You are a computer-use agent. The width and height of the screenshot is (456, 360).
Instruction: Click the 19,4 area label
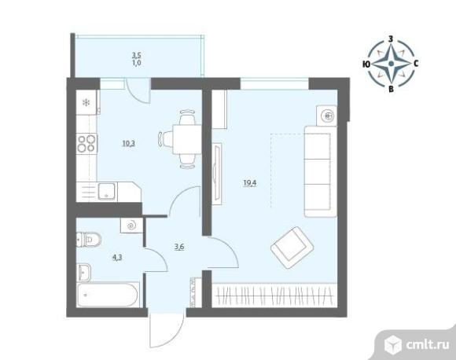tap(250, 183)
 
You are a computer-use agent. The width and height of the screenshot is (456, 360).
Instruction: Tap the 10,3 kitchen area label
tap(129, 143)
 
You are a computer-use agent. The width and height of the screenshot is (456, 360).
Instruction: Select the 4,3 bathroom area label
tap(117, 257)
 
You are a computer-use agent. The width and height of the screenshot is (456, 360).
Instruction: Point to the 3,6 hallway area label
tap(179, 247)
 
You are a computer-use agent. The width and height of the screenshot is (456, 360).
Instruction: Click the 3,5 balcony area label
tap(137, 55)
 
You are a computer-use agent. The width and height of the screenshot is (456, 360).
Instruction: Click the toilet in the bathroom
tap(89, 240)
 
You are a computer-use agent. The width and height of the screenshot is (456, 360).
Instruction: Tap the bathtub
tap(107, 295)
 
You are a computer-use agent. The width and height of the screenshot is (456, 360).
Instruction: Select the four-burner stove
tap(86, 144)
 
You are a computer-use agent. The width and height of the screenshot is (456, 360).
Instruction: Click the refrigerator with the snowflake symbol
tap(86, 102)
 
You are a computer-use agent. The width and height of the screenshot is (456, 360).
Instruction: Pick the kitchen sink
tap(107, 191)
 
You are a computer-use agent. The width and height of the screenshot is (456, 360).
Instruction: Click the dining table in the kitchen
tap(187, 139)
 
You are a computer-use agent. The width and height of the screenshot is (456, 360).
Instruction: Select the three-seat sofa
tap(321, 171)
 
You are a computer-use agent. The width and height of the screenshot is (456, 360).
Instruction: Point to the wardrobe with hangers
tap(274, 295)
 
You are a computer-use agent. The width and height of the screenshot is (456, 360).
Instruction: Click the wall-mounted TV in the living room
tap(217, 173)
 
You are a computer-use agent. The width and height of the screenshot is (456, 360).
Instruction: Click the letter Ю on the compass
tap(366, 64)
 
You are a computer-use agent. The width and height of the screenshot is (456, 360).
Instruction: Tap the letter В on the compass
tap(392, 90)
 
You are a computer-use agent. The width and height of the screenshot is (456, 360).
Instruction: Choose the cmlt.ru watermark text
tap(427, 345)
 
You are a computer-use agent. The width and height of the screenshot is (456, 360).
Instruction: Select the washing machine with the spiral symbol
tap(132, 225)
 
